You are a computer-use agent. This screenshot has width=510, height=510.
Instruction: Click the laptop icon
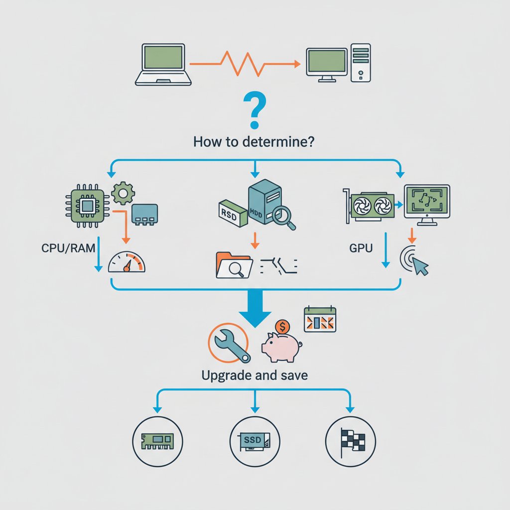pos(163,65)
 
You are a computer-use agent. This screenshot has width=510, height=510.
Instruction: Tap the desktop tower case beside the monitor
pos(361,63)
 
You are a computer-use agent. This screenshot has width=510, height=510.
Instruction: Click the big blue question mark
pos(255,110)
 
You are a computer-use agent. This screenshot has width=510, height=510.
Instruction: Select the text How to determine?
pos(254,142)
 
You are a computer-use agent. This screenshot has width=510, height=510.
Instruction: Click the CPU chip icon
pos(87,206)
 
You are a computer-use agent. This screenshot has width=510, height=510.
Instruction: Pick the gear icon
pos(123,194)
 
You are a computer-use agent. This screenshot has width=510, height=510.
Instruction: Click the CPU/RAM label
pos(68,248)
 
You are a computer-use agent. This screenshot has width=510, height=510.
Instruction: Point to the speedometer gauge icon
pos(127,262)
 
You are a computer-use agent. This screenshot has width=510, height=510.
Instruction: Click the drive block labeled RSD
pos(232,213)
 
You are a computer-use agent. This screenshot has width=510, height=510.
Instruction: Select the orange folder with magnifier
pos(234,265)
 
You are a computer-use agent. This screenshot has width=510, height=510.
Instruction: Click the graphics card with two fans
pos(369,205)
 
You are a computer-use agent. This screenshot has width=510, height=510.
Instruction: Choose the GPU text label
pos(361,248)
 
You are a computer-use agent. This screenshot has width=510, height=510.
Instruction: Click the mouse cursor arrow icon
pos(420,265)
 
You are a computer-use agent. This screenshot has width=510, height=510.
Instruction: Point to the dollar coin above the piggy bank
pos(282,326)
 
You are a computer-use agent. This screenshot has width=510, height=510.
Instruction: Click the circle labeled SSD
pos(255,441)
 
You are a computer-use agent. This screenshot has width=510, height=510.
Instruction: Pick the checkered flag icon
pos(353,442)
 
